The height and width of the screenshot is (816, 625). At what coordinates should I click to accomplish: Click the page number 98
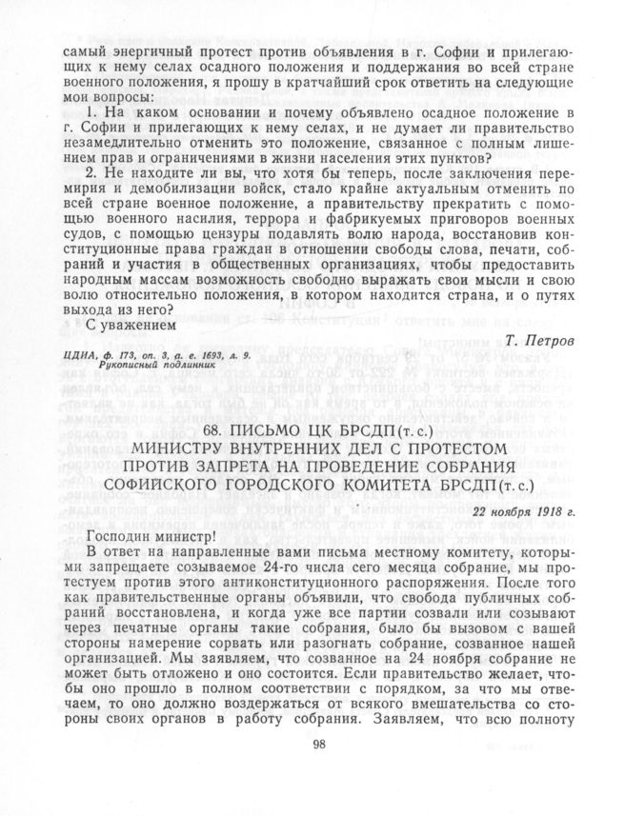pos(318,770)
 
